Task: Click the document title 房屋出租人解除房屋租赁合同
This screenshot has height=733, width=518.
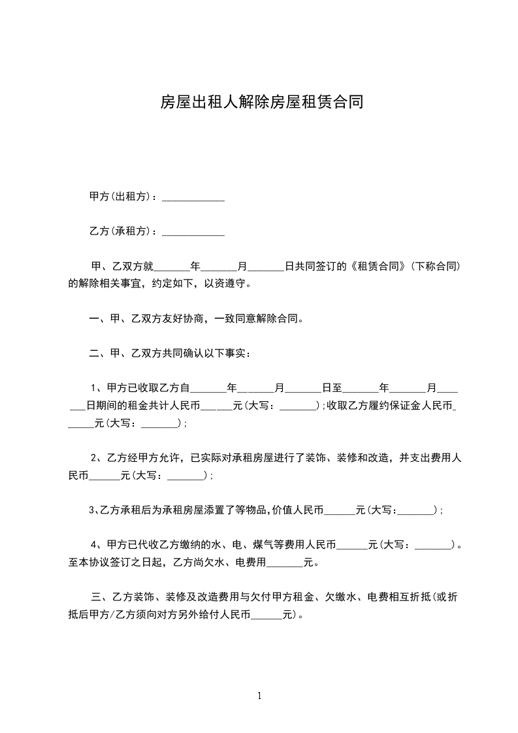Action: (x=262, y=103)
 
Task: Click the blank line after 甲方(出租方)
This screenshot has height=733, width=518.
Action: (x=193, y=197)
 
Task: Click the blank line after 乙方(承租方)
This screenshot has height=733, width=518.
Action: (x=193, y=231)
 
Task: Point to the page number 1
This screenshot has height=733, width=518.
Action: (x=259, y=696)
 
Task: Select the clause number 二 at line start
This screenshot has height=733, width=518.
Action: (x=94, y=354)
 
